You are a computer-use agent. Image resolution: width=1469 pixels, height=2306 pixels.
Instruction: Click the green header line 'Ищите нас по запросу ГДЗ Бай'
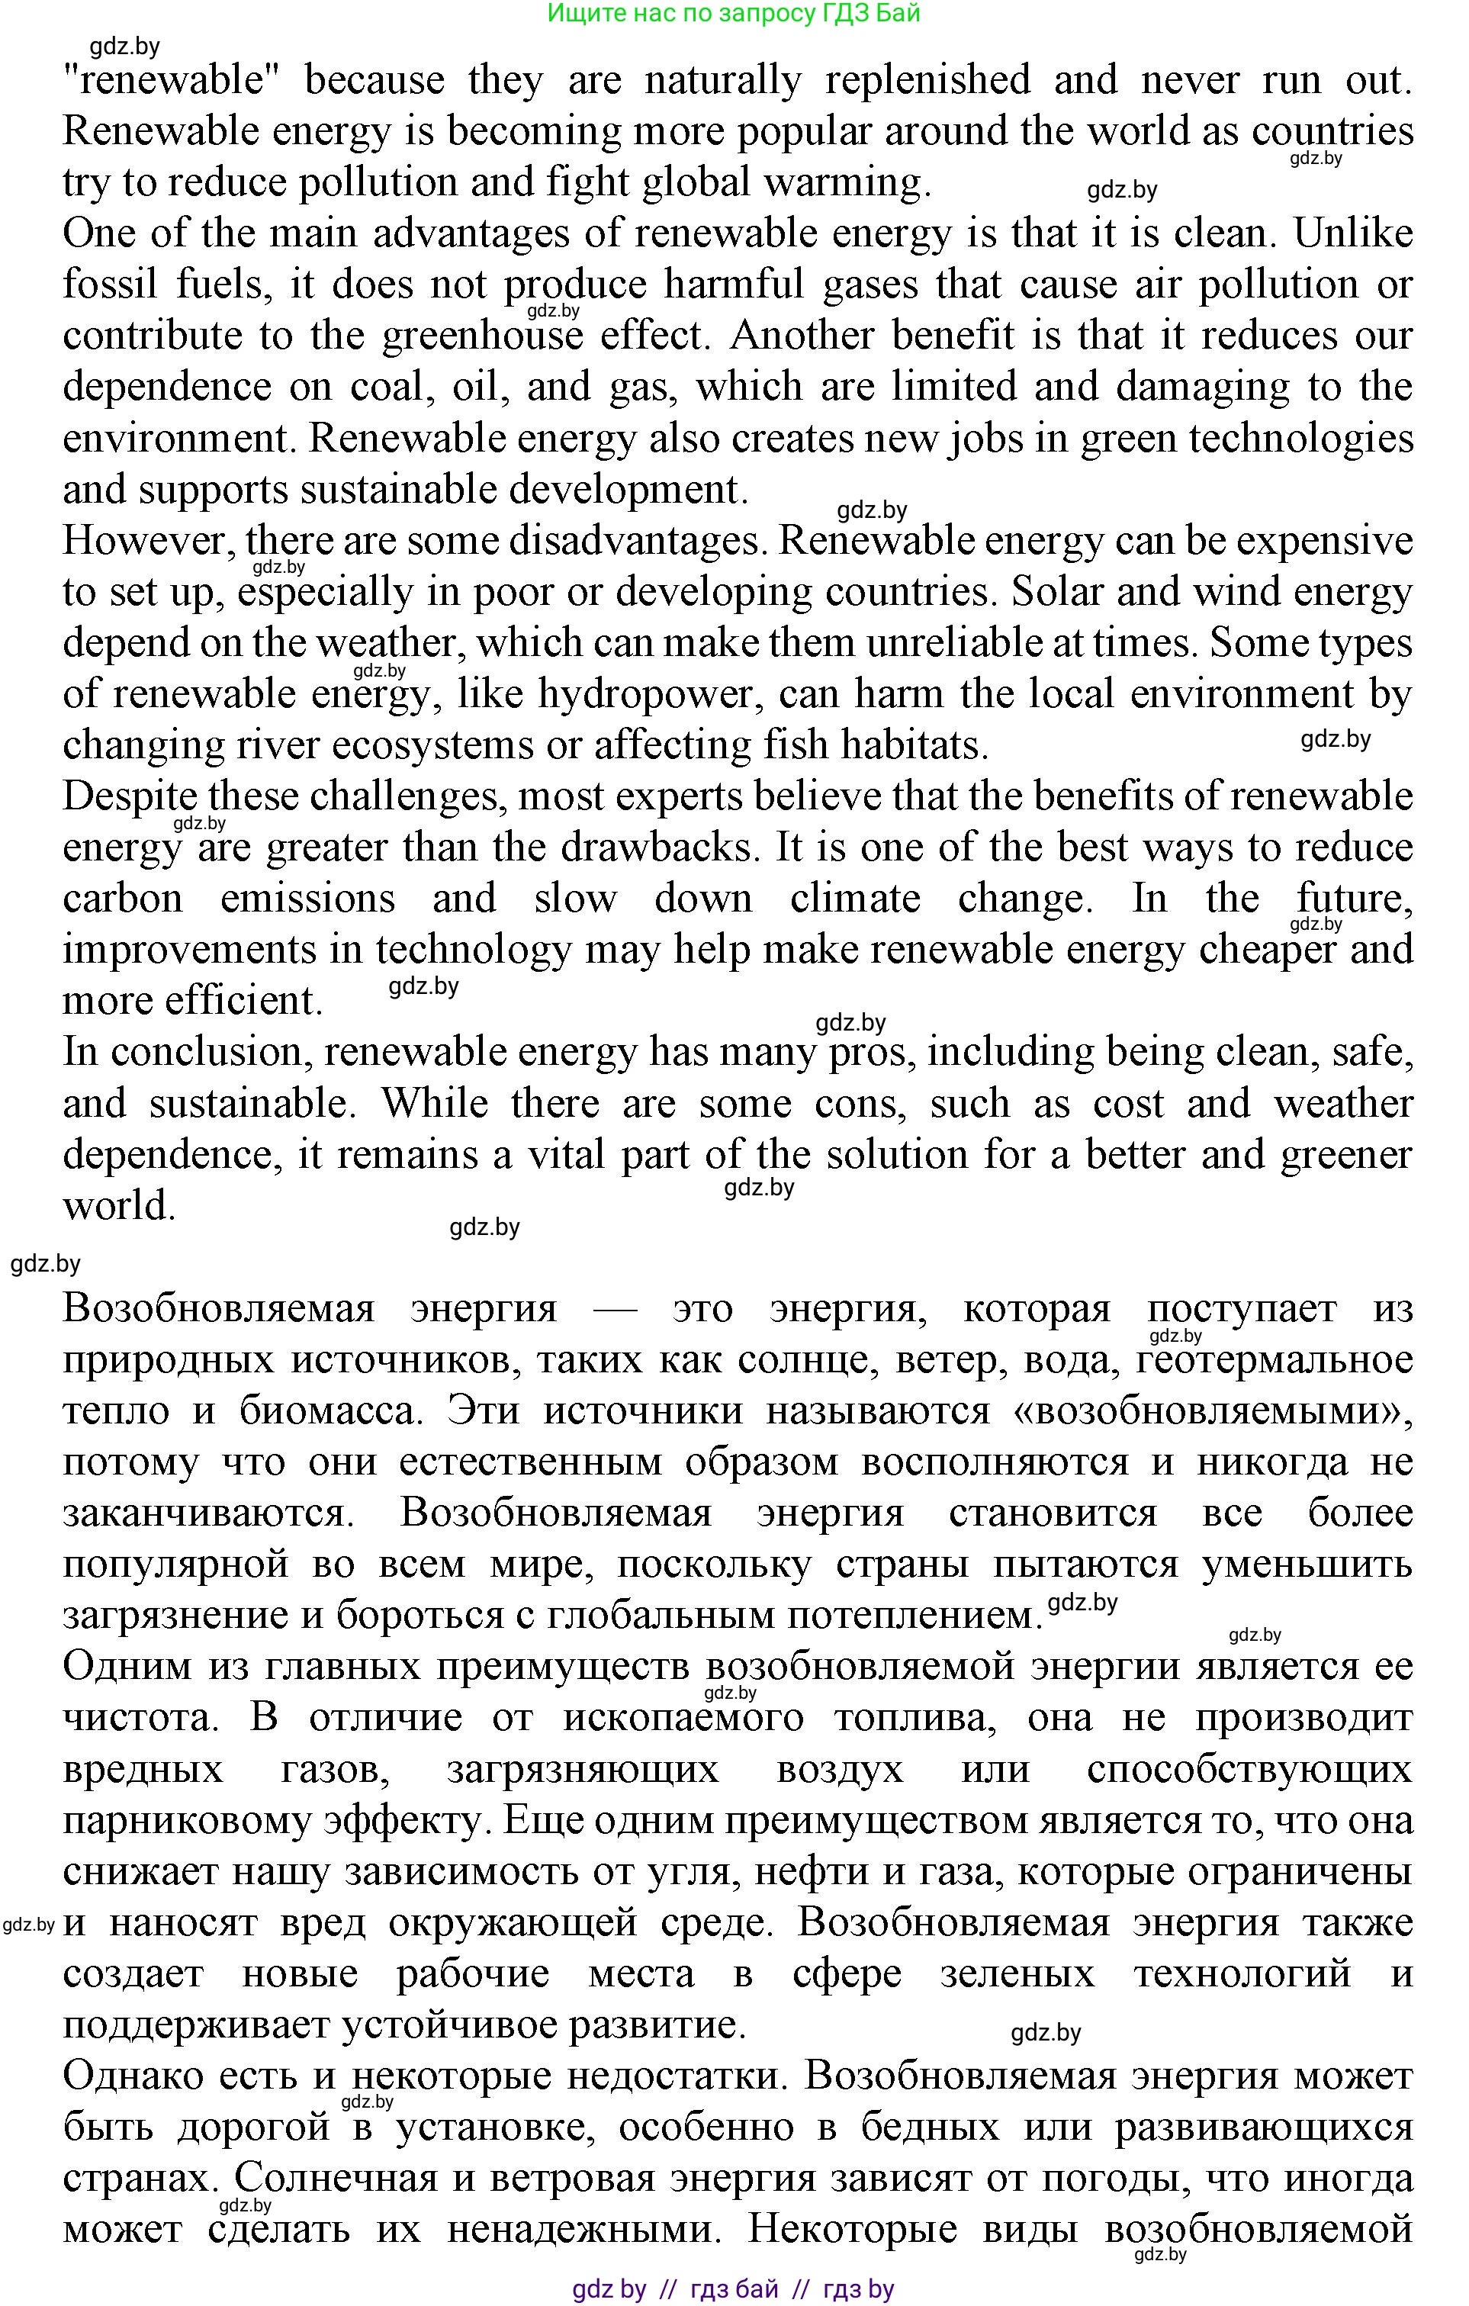(x=734, y=14)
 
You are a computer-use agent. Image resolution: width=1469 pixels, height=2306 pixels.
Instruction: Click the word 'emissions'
(x=307, y=899)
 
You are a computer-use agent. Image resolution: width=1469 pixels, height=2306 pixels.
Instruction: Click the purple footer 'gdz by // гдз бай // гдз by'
(x=734, y=2290)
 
